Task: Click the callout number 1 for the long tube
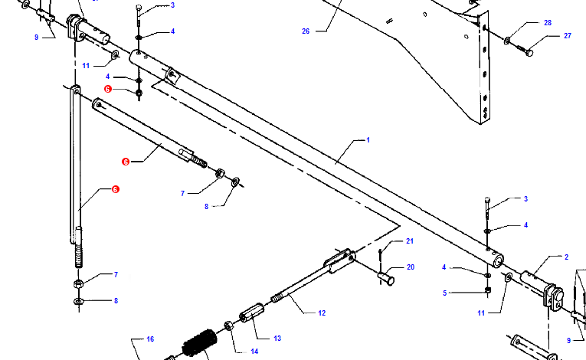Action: click(x=368, y=140)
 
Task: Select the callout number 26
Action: click(x=306, y=31)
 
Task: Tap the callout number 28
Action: click(x=548, y=23)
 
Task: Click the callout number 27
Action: click(x=568, y=36)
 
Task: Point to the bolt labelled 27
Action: click(x=525, y=51)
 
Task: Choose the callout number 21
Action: click(x=410, y=241)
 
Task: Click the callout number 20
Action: click(x=411, y=267)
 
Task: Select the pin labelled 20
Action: click(x=386, y=279)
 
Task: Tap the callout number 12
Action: click(x=322, y=313)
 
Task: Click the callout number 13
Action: click(x=277, y=339)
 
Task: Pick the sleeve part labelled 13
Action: click(x=251, y=313)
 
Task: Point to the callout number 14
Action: click(x=254, y=352)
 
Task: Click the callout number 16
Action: click(x=150, y=339)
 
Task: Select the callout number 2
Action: click(x=566, y=257)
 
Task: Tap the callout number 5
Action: click(x=445, y=293)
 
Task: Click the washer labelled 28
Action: click(x=507, y=41)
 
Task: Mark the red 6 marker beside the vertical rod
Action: click(x=116, y=189)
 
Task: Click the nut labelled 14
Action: click(x=229, y=326)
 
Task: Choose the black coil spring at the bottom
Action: click(x=199, y=343)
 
